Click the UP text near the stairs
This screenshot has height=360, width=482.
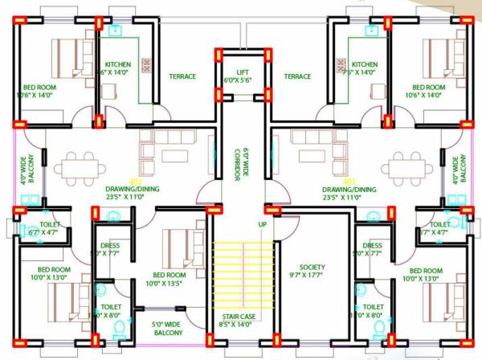262,224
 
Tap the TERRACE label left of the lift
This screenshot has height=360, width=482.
182,76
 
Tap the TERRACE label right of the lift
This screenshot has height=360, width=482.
297,76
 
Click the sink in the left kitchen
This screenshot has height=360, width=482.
115,31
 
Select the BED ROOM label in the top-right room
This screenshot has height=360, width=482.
428,87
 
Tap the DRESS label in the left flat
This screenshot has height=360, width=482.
110,246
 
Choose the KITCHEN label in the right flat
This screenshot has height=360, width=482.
364,64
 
